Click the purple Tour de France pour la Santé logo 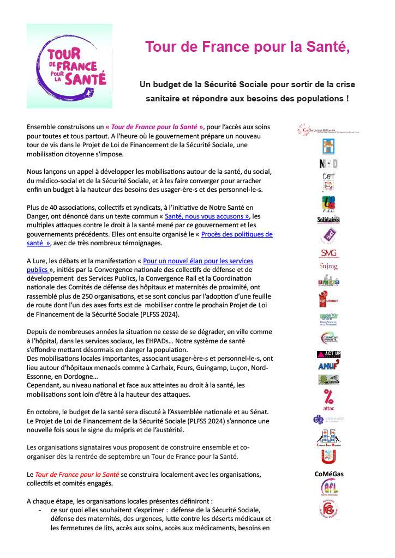click(x=69, y=66)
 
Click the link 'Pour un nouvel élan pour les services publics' click(x=198, y=261)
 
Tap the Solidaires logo click(x=328, y=220)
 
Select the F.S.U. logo click(x=328, y=204)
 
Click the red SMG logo click(x=328, y=253)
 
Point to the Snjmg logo click(x=328, y=267)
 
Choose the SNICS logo click(x=328, y=281)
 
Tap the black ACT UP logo click(x=328, y=354)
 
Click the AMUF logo click(x=328, y=365)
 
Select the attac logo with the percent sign click(x=328, y=398)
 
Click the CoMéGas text click(x=328, y=474)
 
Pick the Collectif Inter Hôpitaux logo click(x=328, y=438)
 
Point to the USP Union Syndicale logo click(x=328, y=318)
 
